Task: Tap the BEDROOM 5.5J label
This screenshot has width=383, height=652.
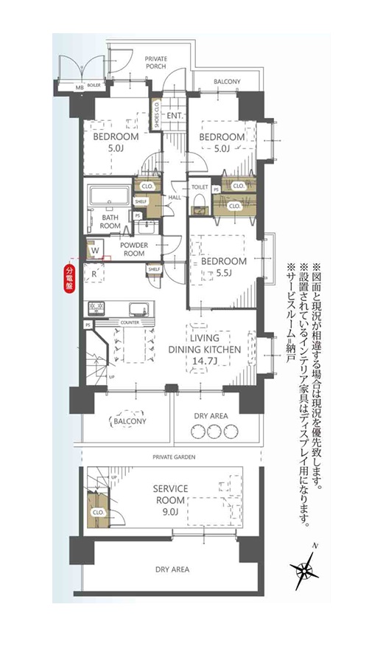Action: (222, 267)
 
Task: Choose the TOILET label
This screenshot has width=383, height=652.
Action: (199, 187)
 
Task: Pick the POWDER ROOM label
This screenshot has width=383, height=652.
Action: (133, 249)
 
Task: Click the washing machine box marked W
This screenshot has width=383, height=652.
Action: (95, 250)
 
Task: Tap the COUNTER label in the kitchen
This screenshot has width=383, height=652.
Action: (130, 322)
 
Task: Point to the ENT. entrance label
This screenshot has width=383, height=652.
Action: (175, 116)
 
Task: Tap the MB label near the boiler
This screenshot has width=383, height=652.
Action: (80, 86)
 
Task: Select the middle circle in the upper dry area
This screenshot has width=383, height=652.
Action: (211, 433)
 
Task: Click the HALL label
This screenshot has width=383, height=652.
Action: (175, 198)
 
